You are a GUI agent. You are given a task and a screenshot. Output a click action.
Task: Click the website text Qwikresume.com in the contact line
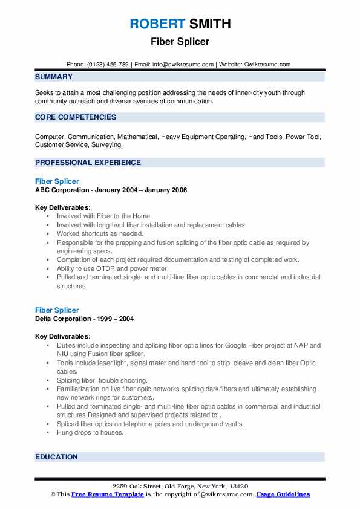pos(268,65)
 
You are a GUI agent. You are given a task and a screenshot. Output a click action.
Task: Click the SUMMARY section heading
pos(54,77)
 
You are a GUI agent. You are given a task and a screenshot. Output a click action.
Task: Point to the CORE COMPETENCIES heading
pos(76,117)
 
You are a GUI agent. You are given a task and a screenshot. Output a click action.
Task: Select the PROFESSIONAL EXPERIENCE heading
pos(88,163)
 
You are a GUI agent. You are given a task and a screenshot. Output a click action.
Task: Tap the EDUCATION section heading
pos(56,457)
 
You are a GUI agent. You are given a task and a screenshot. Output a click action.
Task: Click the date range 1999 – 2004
pos(113,319)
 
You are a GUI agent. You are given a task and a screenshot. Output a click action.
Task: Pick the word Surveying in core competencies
pos(106,145)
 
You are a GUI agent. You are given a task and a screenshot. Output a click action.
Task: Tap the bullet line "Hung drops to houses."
pos(90,432)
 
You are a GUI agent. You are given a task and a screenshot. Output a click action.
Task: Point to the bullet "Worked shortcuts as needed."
pos(100,233)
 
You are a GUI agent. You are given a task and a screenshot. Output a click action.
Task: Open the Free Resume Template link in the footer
pos(108,494)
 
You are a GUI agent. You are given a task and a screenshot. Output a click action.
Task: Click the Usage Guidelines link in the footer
pos(283,494)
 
